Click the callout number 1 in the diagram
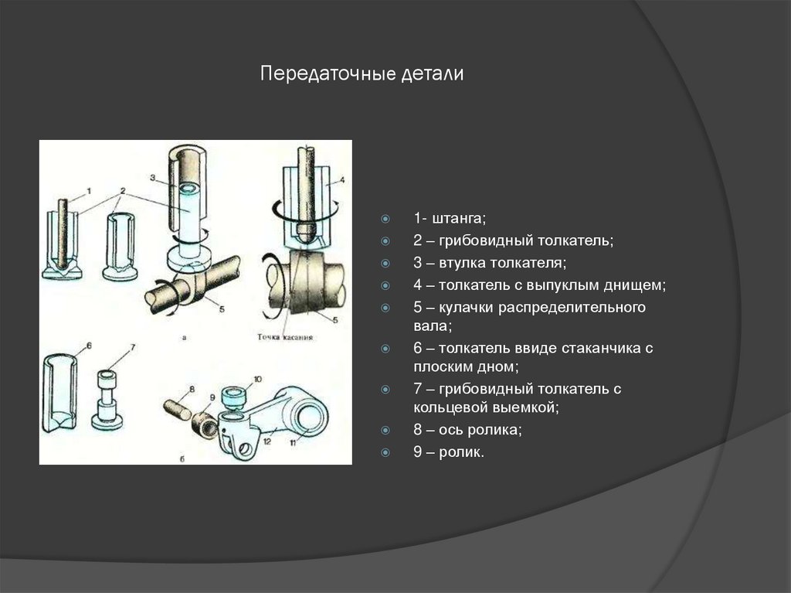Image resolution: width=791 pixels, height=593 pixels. point(88,190)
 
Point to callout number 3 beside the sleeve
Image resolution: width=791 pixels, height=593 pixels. point(153,178)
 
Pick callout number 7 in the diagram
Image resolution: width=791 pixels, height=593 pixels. point(132,346)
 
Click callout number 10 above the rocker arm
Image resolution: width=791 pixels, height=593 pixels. point(258,378)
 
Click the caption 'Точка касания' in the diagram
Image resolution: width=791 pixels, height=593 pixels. point(287,337)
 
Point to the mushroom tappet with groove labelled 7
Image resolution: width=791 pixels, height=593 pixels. point(106,398)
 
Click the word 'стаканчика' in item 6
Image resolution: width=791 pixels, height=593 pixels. point(600,349)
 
